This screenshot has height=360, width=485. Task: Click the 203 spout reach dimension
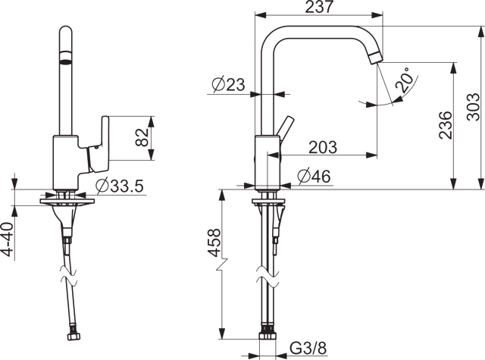click(x=324, y=147)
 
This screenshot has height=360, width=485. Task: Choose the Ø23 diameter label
click(x=228, y=86)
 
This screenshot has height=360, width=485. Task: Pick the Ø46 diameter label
click(x=314, y=177)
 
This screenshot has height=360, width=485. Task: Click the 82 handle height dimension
click(x=140, y=138)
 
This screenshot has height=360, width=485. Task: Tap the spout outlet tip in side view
click(x=377, y=58)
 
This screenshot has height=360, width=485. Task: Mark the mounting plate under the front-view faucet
click(x=68, y=202)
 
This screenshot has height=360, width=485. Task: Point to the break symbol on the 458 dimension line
click(x=221, y=266)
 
